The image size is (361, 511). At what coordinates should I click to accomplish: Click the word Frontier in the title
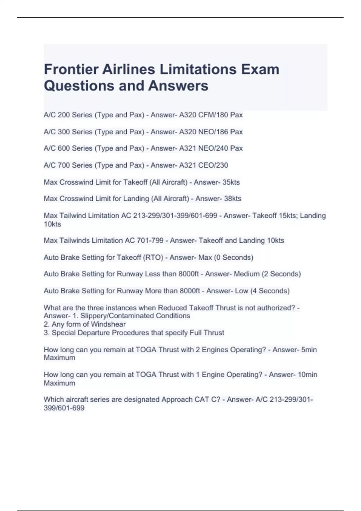(71, 69)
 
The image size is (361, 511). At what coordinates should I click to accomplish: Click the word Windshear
(108, 324)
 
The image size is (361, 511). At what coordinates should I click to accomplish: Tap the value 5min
(309, 350)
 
